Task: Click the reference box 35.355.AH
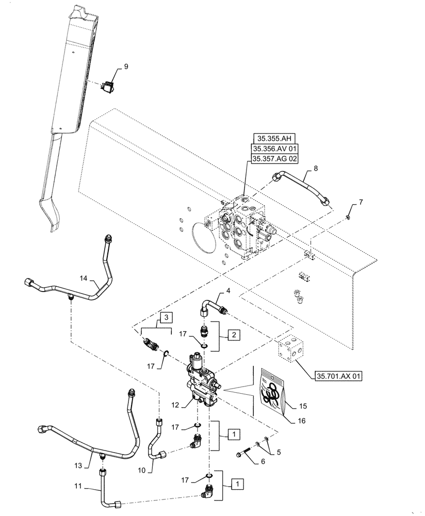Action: tap(275, 138)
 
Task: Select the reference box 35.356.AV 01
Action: tap(275, 149)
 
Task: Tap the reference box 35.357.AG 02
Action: tap(275, 159)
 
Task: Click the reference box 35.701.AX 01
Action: tap(337, 376)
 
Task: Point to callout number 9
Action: tap(125, 66)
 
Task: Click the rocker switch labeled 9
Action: tap(109, 87)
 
